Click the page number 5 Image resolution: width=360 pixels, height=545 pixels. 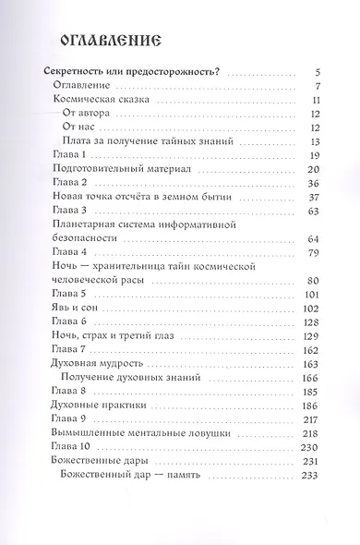point(316,71)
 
